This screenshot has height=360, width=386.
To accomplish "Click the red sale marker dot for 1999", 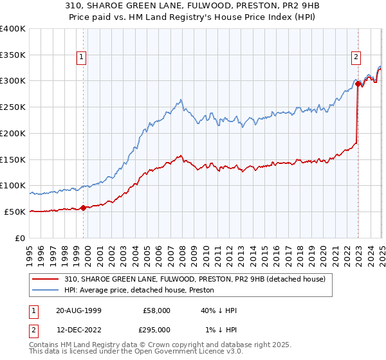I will tap(84, 208).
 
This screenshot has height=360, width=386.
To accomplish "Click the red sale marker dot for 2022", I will tap(358, 84).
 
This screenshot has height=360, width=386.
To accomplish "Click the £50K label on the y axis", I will tap(14, 212).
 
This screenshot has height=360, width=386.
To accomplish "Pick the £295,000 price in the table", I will tap(155, 329).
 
